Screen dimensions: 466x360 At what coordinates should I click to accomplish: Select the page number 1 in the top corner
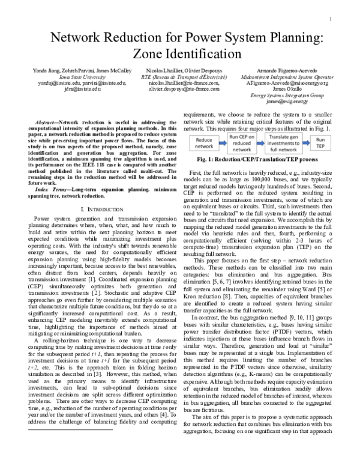pyautogui.click(x=331, y=19)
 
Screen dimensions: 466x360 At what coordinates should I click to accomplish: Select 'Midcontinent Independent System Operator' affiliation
pyautogui.click(x=287, y=77)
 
